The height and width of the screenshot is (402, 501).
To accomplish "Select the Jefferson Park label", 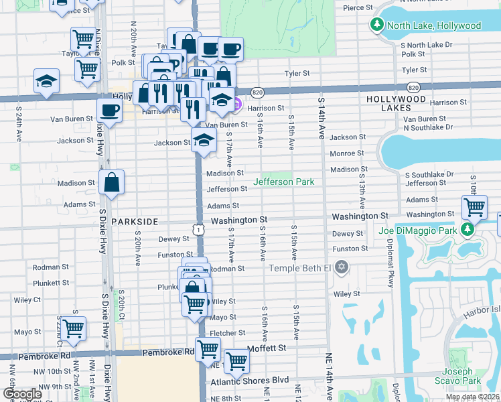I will pos(283,182).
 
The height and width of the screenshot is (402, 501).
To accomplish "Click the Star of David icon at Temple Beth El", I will pos(342,268).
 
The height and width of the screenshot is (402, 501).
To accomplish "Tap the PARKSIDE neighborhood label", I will pos(135,221).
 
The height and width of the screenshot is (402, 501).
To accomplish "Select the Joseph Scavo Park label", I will pos(461,376).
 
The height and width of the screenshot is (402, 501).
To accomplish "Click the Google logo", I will pos(21,394).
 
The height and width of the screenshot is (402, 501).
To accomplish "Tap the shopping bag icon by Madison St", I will pos(112,182).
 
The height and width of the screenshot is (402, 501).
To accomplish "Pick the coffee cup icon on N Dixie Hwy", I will pos(109,111).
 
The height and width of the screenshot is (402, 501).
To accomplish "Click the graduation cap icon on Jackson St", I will pos(204,141).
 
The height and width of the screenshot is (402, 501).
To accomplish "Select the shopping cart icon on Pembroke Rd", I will pos(208,348).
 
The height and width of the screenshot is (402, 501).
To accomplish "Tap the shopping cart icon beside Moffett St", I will pos(236,361).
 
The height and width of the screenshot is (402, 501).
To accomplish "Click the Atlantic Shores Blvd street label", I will pos(249,380).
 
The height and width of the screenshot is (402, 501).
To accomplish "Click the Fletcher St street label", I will pos(227,333).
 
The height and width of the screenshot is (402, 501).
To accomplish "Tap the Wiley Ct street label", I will pos(27,300).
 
